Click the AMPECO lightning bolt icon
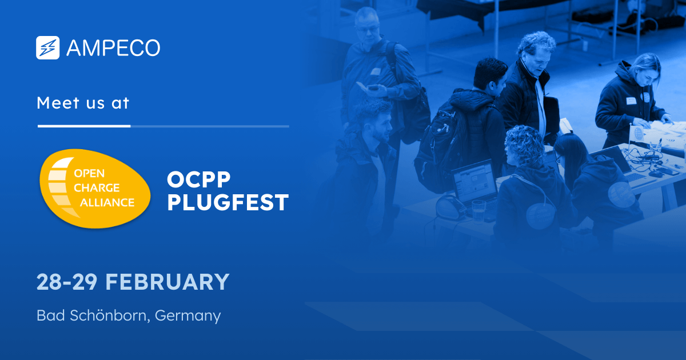point(48,48)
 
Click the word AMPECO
point(113,48)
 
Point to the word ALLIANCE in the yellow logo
point(107,202)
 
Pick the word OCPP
point(198,180)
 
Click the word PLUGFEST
point(228,203)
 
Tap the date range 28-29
point(67,282)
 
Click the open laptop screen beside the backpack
point(475,181)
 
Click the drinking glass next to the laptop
point(478,209)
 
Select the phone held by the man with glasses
point(374,89)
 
